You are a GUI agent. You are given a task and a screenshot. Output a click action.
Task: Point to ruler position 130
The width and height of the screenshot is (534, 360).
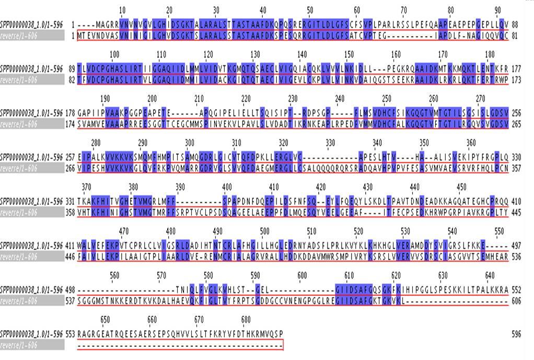tap(255, 54)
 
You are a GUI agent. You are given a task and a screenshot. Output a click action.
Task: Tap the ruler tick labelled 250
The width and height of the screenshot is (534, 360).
tap(387, 99)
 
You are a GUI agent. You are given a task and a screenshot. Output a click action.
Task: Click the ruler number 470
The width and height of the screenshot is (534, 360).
tap(123, 231)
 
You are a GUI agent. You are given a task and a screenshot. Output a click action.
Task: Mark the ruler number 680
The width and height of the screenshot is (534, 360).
tap(246, 320)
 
